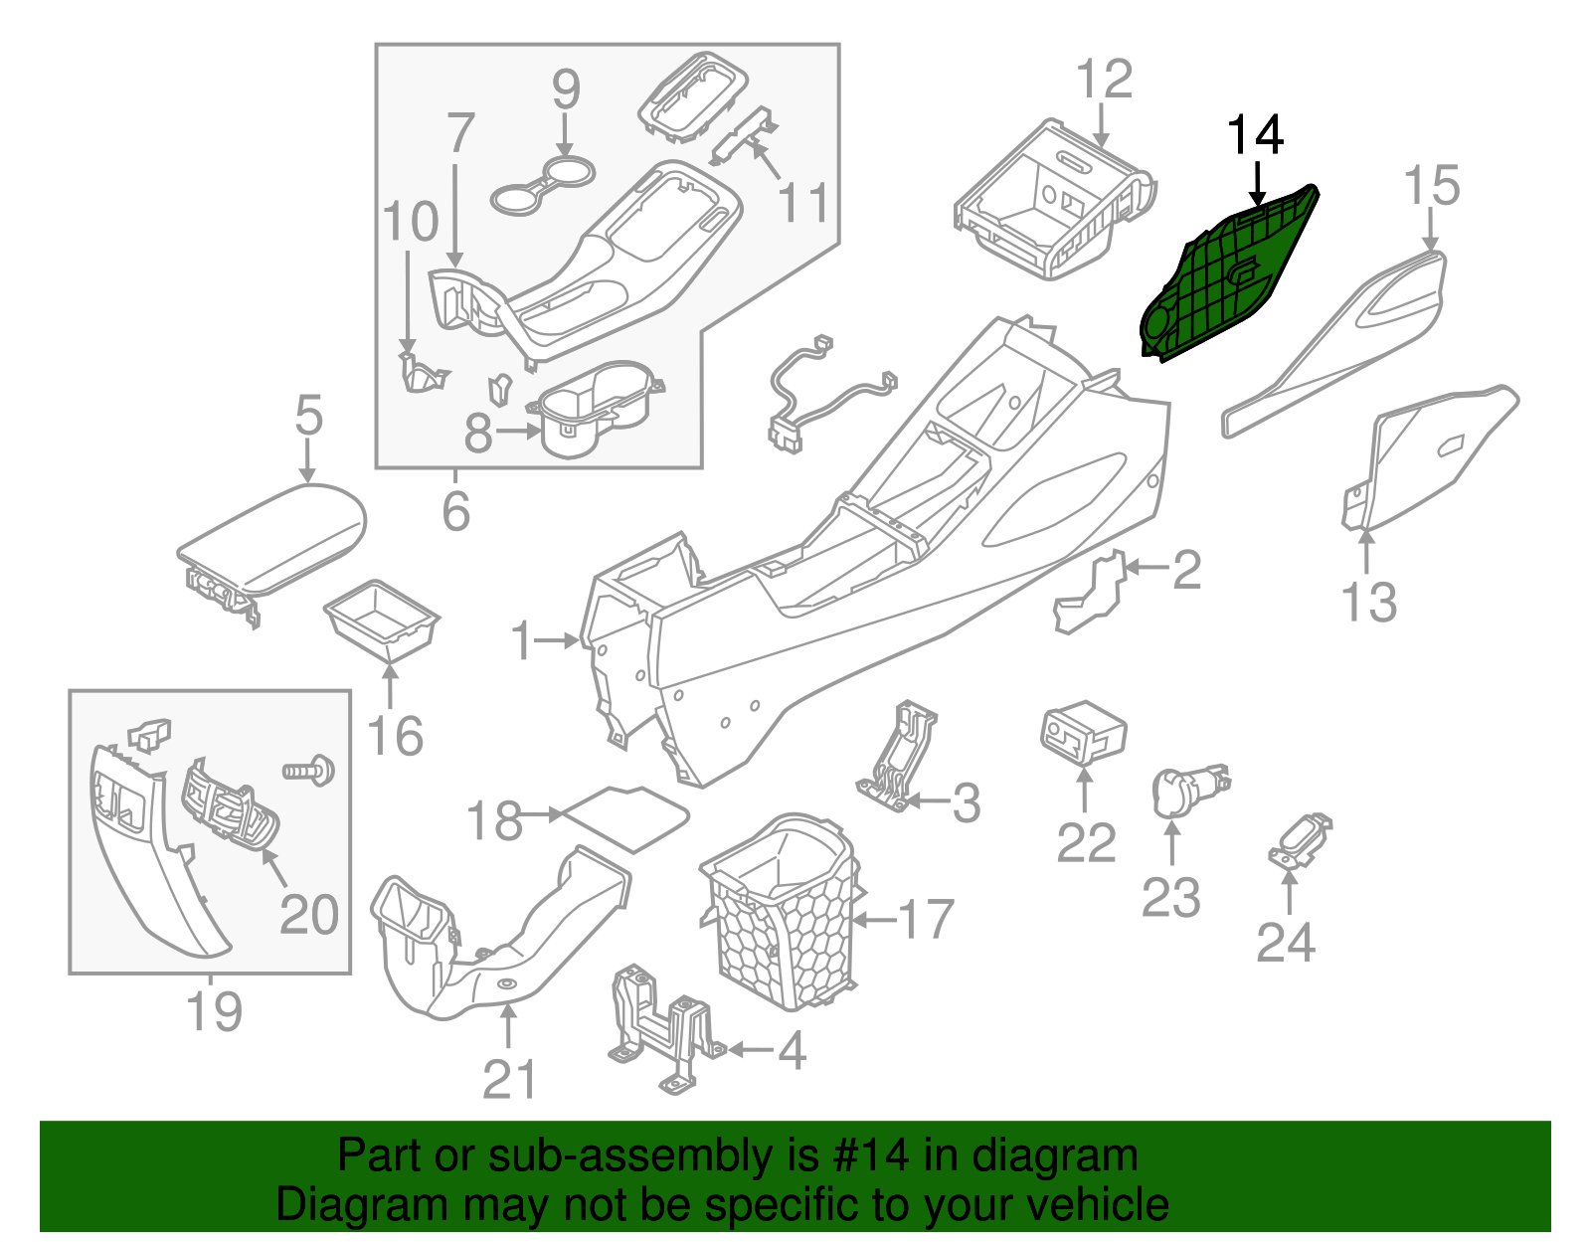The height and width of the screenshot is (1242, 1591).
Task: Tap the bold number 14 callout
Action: tap(1256, 135)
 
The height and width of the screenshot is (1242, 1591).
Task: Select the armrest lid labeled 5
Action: tap(273, 537)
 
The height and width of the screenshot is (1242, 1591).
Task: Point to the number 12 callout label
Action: tap(1104, 80)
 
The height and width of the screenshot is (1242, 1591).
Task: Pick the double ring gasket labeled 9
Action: tap(543, 185)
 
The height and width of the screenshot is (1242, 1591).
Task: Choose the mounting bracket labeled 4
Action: tap(661, 1029)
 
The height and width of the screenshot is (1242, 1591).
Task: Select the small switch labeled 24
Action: tap(1299, 841)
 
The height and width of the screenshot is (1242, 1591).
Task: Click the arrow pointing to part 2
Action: tap(1146, 568)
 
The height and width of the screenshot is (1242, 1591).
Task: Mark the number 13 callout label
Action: tap(1369, 603)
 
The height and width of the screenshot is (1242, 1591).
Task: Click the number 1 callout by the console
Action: tap(521, 641)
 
